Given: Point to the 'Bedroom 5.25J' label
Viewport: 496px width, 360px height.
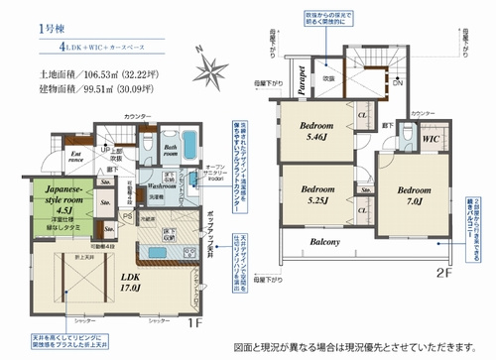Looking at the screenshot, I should [314, 194].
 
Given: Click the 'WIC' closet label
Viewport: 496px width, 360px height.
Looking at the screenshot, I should [430, 141].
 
